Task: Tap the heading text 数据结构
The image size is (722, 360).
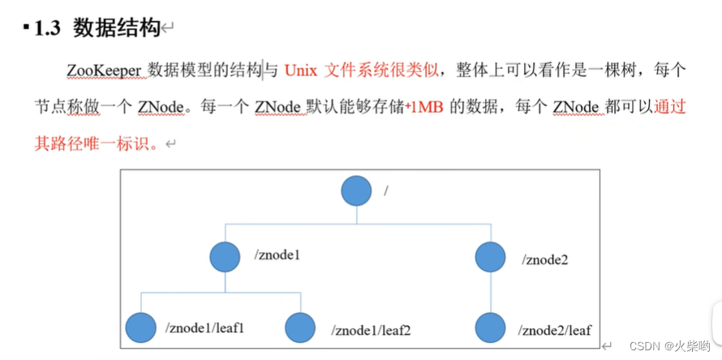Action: tap(116, 28)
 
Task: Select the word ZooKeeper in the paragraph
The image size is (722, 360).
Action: tap(105, 71)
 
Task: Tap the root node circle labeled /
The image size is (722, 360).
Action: tap(356, 191)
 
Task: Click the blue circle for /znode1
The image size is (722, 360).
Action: tap(225, 257)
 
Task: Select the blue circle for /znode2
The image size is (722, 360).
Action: tap(489, 257)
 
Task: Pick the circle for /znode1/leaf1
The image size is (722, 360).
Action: tap(140, 328)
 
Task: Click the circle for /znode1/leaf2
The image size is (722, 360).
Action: tap(300, 328)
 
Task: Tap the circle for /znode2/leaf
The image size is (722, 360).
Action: tap(489, 328)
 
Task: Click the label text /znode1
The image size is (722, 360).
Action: tap(277, 255)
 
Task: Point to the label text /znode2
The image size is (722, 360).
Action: tap(546, 260)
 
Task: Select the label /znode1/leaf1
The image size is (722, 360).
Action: tap(205, 328)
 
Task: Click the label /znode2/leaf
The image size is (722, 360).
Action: tap(556, 331)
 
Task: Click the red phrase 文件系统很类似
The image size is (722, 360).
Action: tap(381, 71)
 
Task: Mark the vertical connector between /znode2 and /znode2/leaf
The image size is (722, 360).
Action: tap(489, 292)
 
